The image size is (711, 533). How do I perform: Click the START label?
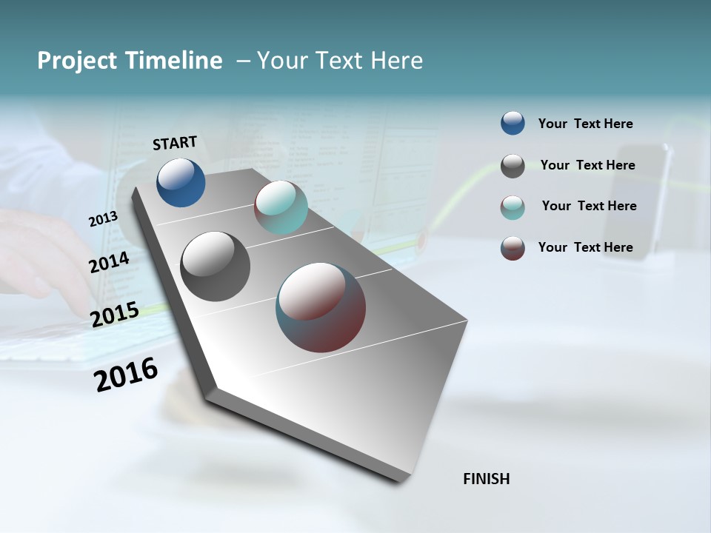click(175, 143)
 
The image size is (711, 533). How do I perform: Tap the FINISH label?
click(486, 479)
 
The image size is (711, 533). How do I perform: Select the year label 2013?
click(103, 219)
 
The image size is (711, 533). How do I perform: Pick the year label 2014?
click(110, 263)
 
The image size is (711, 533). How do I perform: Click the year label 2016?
click(126, 375)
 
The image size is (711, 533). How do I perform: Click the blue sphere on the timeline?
click(181, 182)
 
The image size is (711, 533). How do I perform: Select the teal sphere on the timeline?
click(281, 207)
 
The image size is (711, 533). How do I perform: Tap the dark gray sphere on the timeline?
click(215, 266)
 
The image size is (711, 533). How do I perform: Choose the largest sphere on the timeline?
click(321, 307)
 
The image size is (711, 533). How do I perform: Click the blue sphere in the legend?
click(513, 123)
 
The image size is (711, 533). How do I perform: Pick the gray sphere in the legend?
click(513, 165)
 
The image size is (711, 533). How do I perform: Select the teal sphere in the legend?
click(513, 207)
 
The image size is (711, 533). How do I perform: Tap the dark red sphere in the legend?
click(513, 248)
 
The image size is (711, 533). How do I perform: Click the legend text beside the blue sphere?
click(585, 124)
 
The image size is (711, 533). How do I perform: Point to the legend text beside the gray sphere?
click(587, 165)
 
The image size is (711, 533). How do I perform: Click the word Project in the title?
click(76, 61)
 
